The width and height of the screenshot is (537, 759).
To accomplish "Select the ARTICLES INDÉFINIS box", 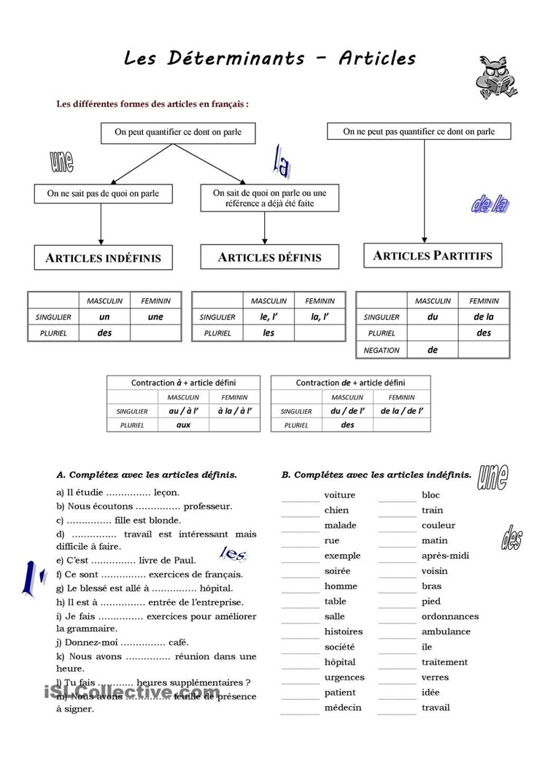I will point(103,257).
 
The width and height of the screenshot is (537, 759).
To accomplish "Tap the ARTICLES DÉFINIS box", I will point(269,257).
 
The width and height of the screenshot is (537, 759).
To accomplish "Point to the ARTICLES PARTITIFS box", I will point(433,255).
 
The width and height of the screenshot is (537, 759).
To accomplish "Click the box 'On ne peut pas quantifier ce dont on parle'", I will point(419,131).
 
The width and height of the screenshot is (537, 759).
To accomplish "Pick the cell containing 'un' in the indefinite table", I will point(104,317).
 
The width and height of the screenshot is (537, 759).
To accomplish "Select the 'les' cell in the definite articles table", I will point(268,333).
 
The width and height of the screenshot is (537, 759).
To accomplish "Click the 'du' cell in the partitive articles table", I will point(433,317).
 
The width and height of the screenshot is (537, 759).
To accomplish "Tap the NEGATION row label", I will point(382,350).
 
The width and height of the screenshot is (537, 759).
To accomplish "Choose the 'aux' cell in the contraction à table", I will point(183,424).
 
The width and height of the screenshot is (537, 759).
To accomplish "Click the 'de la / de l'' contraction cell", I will point(402,410).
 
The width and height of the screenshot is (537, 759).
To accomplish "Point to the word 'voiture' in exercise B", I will point(340,495).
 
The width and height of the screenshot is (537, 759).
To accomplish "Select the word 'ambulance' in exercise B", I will point(446,631).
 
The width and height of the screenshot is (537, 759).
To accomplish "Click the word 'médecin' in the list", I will point(343,707).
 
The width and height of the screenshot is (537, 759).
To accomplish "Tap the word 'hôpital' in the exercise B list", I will point(340,662).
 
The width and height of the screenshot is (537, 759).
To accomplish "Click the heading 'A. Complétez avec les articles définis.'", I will point(147,474).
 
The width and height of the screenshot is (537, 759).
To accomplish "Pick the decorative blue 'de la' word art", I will point(490,206).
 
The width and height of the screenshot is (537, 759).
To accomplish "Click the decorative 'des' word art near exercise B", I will point(511,537).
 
